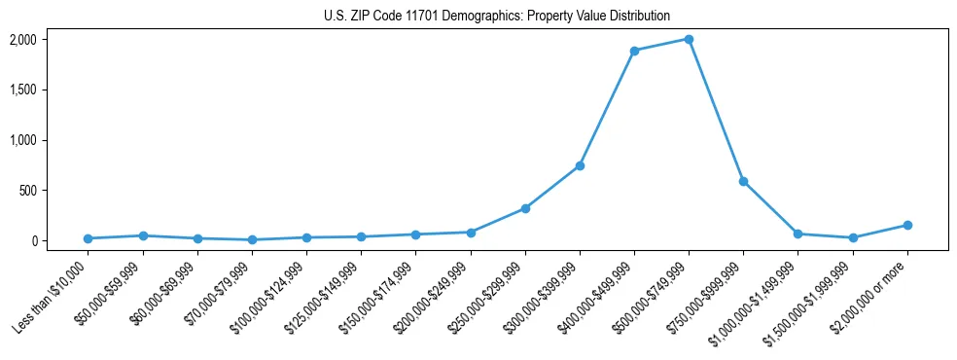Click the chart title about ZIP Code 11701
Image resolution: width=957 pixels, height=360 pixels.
[x=497, y=17]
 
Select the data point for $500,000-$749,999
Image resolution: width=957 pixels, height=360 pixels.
[x=689, y=39]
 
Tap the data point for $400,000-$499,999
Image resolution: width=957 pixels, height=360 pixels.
[x=634, y=51]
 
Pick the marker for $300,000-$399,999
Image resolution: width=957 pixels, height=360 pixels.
[x=580, y=165]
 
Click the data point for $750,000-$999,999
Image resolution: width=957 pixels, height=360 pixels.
[x=743, y=181]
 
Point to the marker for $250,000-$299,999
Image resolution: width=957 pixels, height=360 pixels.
[x=525, y=208]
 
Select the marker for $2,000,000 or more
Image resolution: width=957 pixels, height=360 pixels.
[x=907, y=225]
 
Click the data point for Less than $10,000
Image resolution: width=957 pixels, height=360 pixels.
[x=89, y=238]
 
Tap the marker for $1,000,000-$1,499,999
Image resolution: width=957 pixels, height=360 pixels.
[x=797, y=234]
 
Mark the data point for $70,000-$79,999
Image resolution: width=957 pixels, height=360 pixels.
[x=252, y=239]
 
